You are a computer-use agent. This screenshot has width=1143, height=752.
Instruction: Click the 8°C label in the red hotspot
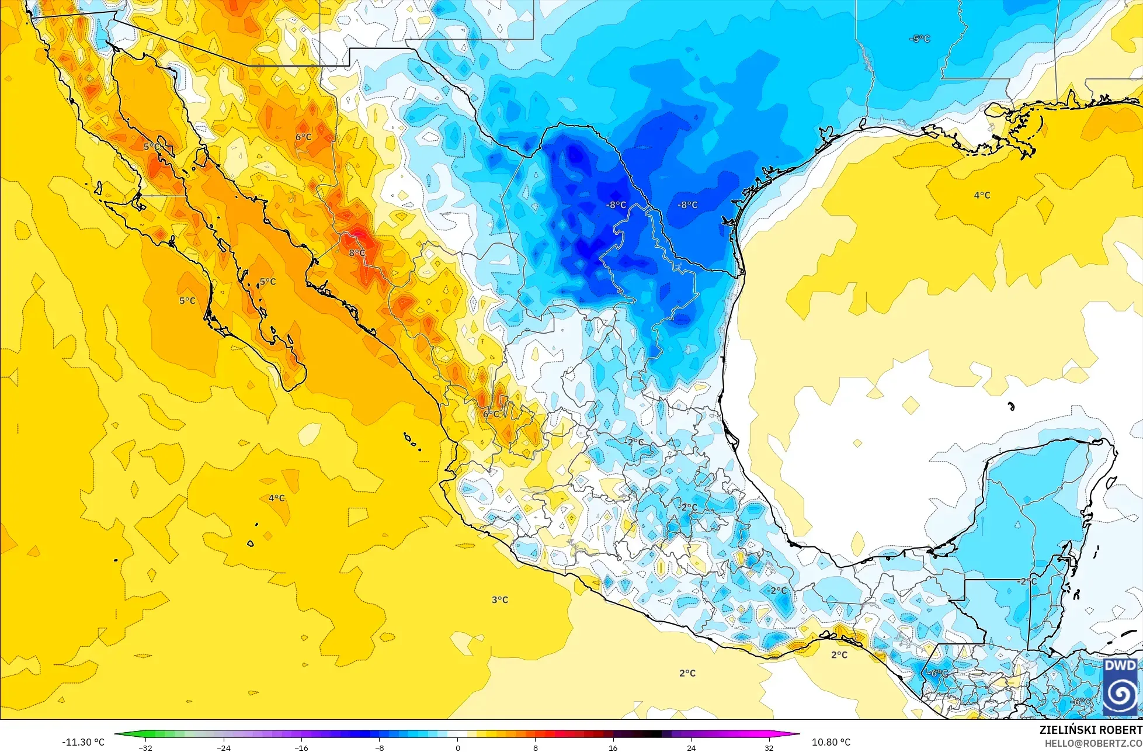tap(357, 253)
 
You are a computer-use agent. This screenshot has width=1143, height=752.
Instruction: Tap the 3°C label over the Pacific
tap(499, 599)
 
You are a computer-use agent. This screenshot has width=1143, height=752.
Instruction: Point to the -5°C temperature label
tap(919, 39)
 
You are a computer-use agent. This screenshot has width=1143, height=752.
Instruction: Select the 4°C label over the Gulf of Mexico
tap(982, 195)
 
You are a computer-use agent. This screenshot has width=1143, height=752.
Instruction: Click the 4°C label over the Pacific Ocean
tap(276, 498)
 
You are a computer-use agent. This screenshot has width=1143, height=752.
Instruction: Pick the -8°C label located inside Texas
tap(687, 205)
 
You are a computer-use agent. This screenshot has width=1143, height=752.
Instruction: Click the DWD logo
tap(1120, 687)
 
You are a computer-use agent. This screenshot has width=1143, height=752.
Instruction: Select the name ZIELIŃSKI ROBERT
tap(1090, 730)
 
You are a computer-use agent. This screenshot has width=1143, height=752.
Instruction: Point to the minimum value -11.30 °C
tap(84, 742)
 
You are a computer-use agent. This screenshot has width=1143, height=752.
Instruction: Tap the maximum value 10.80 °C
tap(831, 742)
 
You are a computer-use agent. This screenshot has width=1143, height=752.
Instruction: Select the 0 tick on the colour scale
tap(457, 748)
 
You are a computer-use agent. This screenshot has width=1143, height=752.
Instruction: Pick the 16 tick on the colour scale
tap(613, 748)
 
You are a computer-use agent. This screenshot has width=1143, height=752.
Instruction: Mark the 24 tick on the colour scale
tap(691, 748)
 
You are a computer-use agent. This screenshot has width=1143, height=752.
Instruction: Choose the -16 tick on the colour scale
tap(301, 748)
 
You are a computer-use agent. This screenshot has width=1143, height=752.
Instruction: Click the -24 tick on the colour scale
tap(223, 748)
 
